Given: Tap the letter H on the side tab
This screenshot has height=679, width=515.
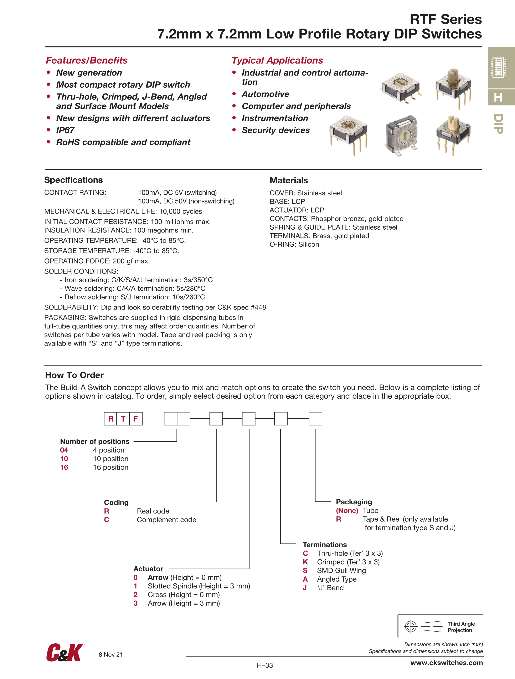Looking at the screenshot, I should pos(498,98).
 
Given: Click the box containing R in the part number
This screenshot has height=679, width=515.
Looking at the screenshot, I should pos(111,419).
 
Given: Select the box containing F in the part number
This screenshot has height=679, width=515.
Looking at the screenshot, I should pos(136,419).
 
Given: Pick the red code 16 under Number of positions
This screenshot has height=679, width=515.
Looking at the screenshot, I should pos(64,467).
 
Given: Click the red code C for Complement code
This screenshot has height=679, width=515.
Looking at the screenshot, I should pos(107,520).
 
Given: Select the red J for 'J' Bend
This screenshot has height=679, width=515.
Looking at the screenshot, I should pos(305,588).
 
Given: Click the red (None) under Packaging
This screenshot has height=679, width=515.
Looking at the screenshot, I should pos(347,510).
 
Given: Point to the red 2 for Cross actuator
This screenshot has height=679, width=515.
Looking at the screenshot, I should pos(135,594).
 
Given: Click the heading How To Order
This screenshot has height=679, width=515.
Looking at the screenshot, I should pos(74,375).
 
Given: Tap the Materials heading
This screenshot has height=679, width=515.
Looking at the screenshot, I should pos(288,180).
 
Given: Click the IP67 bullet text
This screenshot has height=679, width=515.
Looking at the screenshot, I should pos(65,130).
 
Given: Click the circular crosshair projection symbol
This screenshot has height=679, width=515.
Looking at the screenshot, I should pos(411,627).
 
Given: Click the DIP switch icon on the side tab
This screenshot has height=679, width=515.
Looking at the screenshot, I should pos(498,67).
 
